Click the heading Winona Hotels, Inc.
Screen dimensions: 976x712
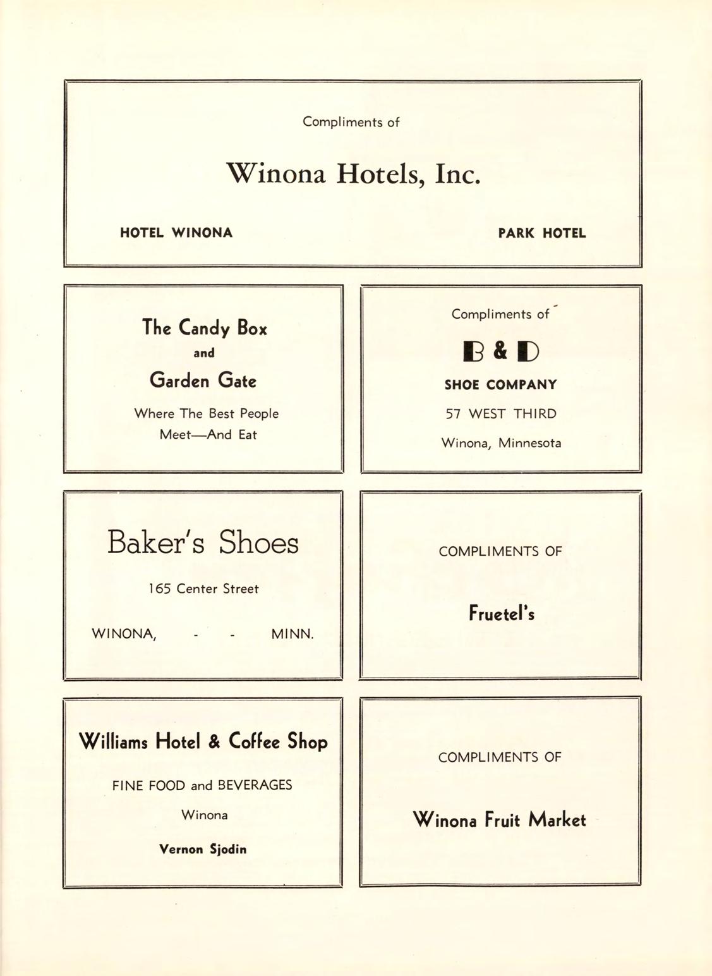click(353, 173)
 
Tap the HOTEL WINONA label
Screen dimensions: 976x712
click(176, 233)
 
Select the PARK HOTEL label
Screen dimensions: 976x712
click(541, 233)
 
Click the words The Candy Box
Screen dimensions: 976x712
click(204, 327)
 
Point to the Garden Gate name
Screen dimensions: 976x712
click(203, 381)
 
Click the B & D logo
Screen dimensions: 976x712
click(500, 351)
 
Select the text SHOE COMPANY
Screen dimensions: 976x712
click(500, 385)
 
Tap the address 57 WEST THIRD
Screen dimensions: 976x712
click(500, 414)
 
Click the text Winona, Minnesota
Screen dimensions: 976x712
click(500, 443)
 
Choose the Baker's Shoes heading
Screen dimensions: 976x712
click(203, 542)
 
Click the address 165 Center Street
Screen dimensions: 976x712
click(203, 589)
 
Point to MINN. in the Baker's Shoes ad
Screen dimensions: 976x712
click(292, 634)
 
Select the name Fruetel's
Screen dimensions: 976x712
click(501, 613)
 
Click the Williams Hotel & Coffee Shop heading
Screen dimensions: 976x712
click(203, 741)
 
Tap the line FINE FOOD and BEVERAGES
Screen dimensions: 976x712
click(202, 786)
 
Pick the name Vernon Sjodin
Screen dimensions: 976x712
click(203, 850)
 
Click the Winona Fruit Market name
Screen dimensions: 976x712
click(499, 820)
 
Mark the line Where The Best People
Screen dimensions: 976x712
click(206, 414)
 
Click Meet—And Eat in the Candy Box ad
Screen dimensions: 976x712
click(208, 435)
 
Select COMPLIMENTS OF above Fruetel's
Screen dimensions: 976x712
click(500, 551)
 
